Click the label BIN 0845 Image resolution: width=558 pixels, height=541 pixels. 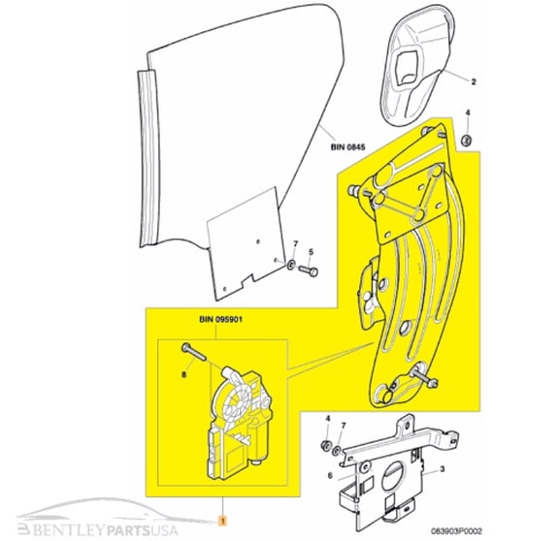[x=347, y=146]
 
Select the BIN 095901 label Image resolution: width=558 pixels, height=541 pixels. [x=220, y=320]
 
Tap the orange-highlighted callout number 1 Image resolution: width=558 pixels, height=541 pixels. [x=223, y=522]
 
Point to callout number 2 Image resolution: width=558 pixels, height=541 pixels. [x=474, y=81]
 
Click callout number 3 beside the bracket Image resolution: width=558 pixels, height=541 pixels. [x=442, y=469]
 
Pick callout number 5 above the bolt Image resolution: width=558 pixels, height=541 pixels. [x=311, y=252]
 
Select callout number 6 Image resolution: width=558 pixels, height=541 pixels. [x=330, y=475]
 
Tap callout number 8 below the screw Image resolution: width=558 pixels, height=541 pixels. [x=183, y=374]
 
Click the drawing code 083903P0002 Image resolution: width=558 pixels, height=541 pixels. [x=456, y=531]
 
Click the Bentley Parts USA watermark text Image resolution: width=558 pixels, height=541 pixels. [x=98, y=530]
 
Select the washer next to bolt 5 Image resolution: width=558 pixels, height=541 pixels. [x=291, y=265]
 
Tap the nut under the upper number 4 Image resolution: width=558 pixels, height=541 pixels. [x=467, y=140]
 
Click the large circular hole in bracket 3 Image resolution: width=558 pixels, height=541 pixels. [x=393, y=478]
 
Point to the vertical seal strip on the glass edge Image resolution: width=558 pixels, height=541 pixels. [x=148, y=156]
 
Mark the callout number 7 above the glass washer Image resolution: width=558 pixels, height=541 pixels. [x=295, y=243]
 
